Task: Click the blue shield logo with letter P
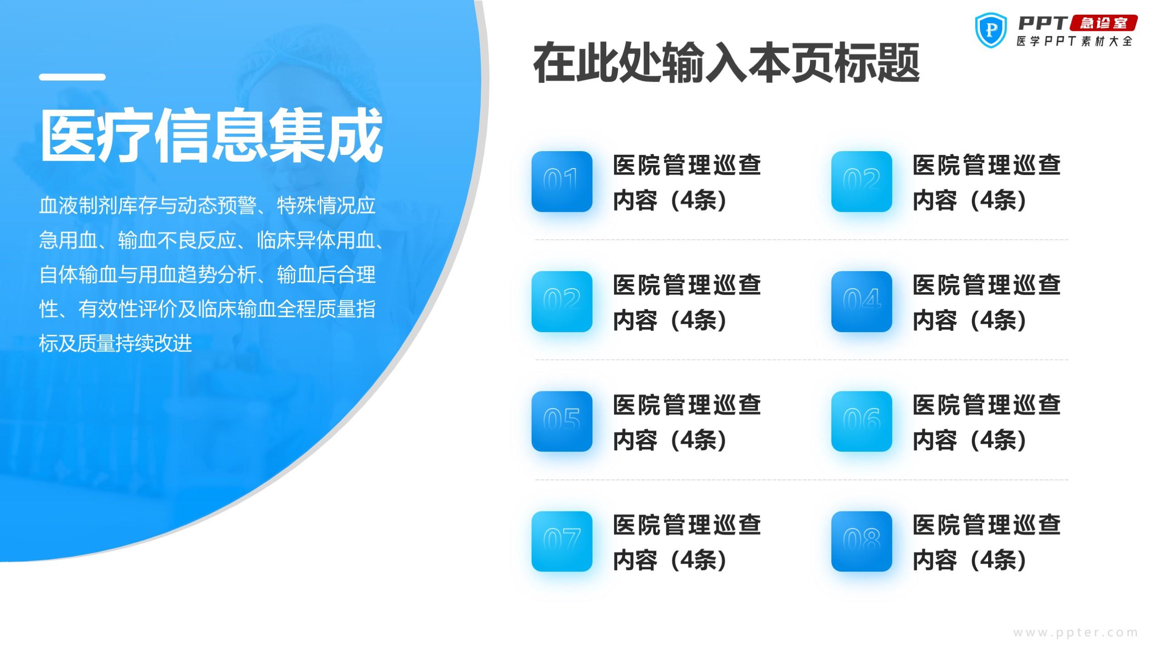[991, 30]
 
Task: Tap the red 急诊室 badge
[1103, 23]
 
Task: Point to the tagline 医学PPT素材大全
[1074, 41]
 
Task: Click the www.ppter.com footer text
[1075, 633]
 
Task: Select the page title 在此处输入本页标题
[726, 63]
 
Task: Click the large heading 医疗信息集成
[211, 135]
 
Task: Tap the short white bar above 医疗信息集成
[72, 77]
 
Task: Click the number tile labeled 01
[562, 181]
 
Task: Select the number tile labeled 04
[862, 301]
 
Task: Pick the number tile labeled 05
[562, 421]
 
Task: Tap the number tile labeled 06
[862, 421]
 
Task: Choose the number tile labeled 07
[562, 541]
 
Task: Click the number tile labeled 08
[862, 541]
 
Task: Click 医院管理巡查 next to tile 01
[687, 165]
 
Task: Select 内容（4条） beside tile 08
[970, 560]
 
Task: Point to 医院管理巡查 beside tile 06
[987, 405]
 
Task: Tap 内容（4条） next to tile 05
[670, 440]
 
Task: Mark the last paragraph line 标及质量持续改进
[115, 343]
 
